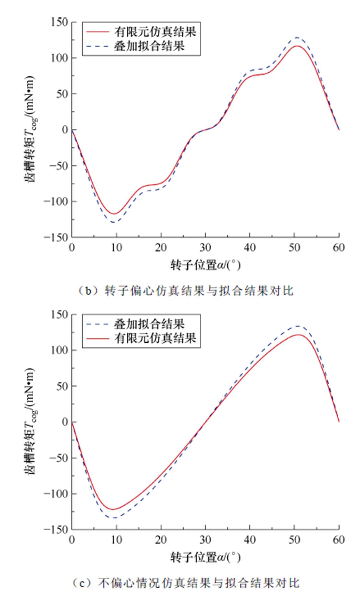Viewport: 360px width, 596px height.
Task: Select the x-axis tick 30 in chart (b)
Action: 205,248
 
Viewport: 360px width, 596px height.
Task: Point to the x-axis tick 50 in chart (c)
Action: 294,540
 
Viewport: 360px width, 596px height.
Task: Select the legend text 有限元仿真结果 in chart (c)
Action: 155,338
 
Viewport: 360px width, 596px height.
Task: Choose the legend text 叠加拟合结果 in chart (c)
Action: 149,324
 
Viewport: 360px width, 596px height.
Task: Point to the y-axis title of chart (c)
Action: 30,421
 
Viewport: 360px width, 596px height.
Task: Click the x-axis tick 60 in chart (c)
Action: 339,540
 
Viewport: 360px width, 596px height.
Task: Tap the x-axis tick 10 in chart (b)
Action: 116,248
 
